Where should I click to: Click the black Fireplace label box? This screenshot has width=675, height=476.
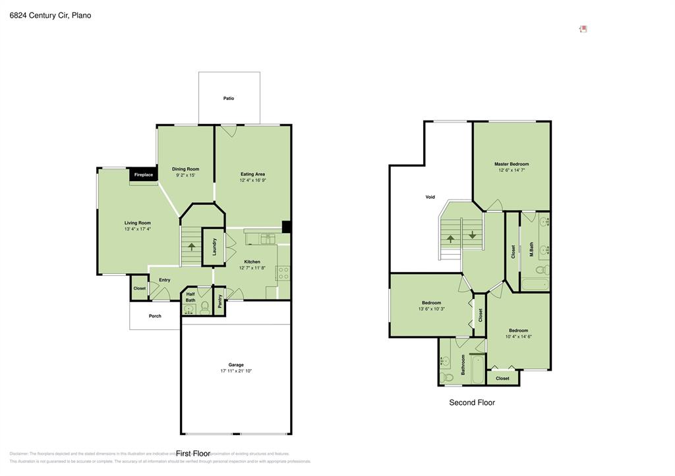[143, 174]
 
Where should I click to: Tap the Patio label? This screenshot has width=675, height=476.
[229, 98]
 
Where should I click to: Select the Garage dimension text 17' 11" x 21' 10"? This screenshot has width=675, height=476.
[236, 371]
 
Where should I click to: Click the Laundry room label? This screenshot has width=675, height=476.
[215, 247]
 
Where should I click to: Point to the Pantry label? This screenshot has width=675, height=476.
[220, 301]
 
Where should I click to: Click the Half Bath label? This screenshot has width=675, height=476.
[191, 298]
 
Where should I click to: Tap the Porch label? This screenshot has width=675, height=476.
[155, 316]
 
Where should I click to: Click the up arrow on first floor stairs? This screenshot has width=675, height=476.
[192, 247]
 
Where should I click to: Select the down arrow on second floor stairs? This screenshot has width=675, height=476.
[473, 235]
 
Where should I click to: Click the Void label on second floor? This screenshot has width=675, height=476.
[430, 197]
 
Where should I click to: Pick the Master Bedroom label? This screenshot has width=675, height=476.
[512, 164]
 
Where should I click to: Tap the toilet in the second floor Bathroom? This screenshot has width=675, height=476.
[448, 377]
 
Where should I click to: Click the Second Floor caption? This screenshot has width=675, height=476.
[472, 402]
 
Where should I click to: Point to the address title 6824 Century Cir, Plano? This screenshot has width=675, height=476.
[50, 15]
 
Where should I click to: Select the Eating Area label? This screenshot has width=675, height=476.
[252, 174]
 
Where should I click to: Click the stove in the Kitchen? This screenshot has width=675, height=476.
[283, 273]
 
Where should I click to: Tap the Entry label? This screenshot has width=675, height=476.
[164, 280]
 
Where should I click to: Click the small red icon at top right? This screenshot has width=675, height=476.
[583, 29]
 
